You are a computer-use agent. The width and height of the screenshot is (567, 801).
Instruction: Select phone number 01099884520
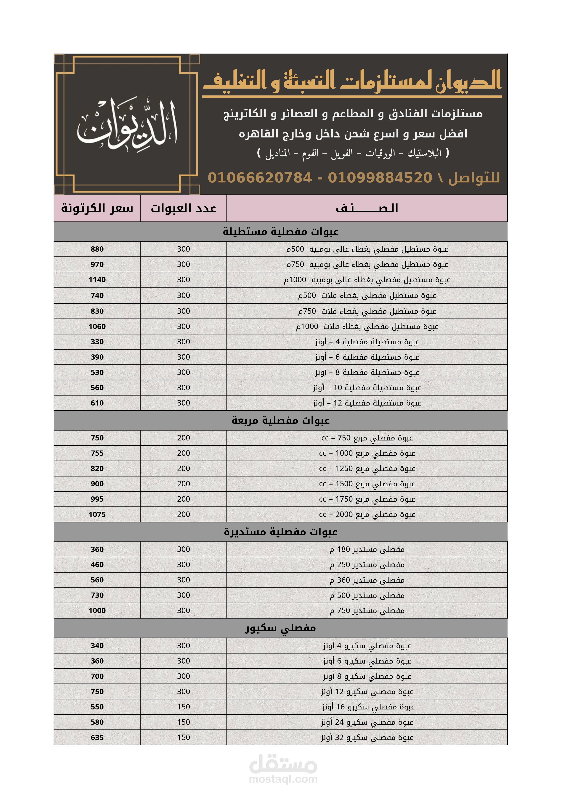pos(380,178)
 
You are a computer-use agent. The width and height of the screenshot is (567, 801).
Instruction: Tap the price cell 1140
pos(97,280)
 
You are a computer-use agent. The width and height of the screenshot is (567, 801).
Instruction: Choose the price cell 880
pos(97,249)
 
